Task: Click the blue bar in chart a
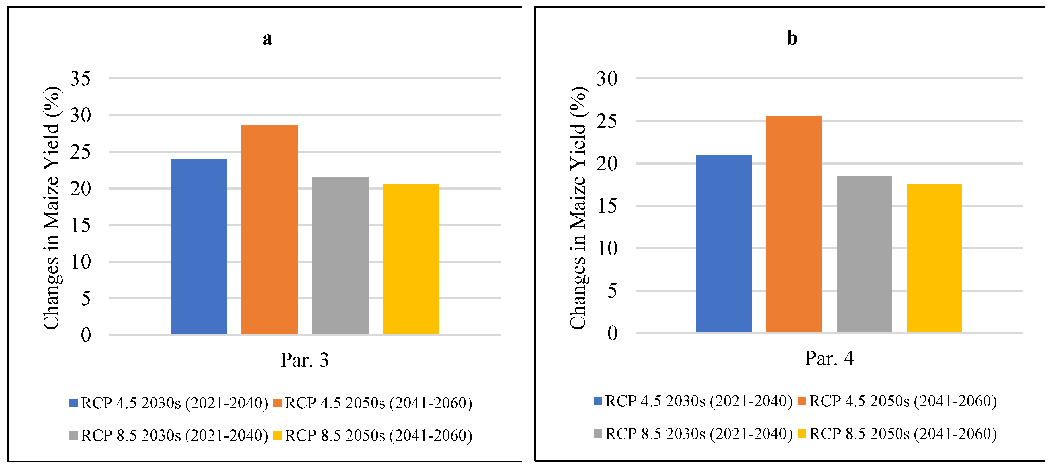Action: point(198,247)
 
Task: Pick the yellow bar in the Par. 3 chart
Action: point(411,259)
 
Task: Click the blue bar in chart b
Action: point(724,244)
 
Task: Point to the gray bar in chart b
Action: point(864,254)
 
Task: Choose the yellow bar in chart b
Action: point(934,258)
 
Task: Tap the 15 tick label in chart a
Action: point(80,225)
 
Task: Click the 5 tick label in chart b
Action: point(612,291)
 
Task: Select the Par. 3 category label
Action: point(304,360)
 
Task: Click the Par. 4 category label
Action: point(829,359)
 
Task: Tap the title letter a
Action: point(267,39)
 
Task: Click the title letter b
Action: point(792,38)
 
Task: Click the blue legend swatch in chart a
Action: point(73,403)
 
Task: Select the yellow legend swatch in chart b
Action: point(802,433)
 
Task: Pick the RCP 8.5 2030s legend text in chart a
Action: point(174,435)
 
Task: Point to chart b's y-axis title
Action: point(578,208)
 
